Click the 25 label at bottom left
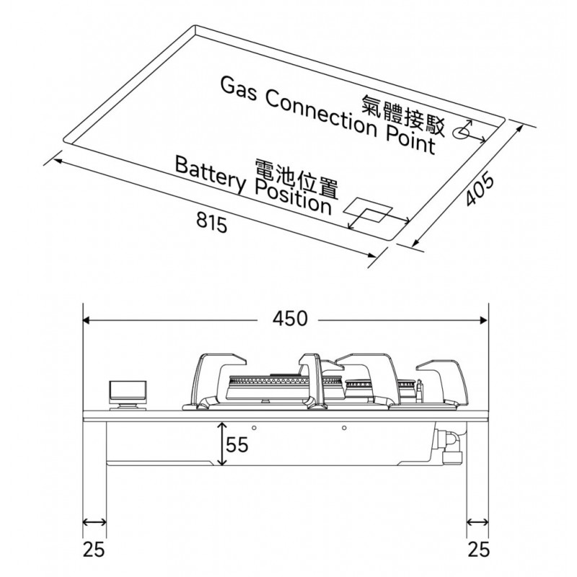[x=94, y=550]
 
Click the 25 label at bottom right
[x=477, y=550]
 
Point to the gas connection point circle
[x=459, y=133]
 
